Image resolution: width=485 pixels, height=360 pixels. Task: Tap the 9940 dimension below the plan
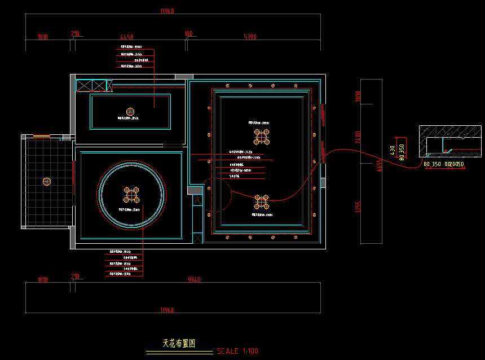pyautogui.click(x=194, y=280)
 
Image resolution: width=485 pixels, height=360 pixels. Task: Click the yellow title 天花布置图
pyautogui.click(x=179, y=343)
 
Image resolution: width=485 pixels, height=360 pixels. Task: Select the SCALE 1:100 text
pyautogui.click(x=237, y=351)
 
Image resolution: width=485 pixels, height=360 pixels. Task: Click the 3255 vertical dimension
pyautogui.click(x=356, y=207)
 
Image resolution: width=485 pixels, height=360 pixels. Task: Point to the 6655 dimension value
pyautogui.click(x=380, y=165)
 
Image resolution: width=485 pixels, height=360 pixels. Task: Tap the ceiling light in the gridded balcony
pyautogui.click(x=47, y=181)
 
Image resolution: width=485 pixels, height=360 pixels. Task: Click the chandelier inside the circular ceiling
pyautogui.click(x=131, y=195)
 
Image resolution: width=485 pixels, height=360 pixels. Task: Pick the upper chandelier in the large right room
pyautogui.click(x=262, y=137)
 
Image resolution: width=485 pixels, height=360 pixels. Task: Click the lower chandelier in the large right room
pyautogui.click(x=262, y=201)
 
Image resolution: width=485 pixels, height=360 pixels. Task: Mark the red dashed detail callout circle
pyautogui.click(x=217, y=195)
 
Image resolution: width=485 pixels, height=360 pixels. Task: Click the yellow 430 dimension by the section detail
pyautogui.click(x=393, y=150)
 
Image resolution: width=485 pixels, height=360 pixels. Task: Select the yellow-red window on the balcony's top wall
pyautogui.click(x=41, y=137)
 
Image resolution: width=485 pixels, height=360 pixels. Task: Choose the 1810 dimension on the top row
pyautogui.click(x=43, y=37)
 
